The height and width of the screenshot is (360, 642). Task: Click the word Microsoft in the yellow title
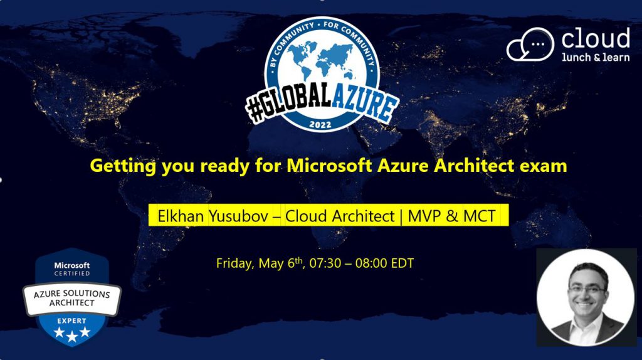tap(330, 166)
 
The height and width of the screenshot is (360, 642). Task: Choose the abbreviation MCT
tap(480, 216)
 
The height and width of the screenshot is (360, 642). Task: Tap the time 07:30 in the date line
tap(325, 263)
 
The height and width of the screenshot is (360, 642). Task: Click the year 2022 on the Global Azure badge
tap(320, 125)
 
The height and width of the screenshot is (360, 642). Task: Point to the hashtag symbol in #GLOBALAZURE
tap(256, 109)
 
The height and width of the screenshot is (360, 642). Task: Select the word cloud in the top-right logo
tap(596, 38)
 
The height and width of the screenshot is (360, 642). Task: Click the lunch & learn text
tap(596, 57)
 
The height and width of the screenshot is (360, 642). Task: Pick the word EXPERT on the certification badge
tap(71, 320)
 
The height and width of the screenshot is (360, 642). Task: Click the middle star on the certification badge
tap(72, 336)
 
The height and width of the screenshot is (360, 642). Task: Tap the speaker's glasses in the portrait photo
tap(587, 290)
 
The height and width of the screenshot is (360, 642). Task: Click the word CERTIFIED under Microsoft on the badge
tap(72, 273)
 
